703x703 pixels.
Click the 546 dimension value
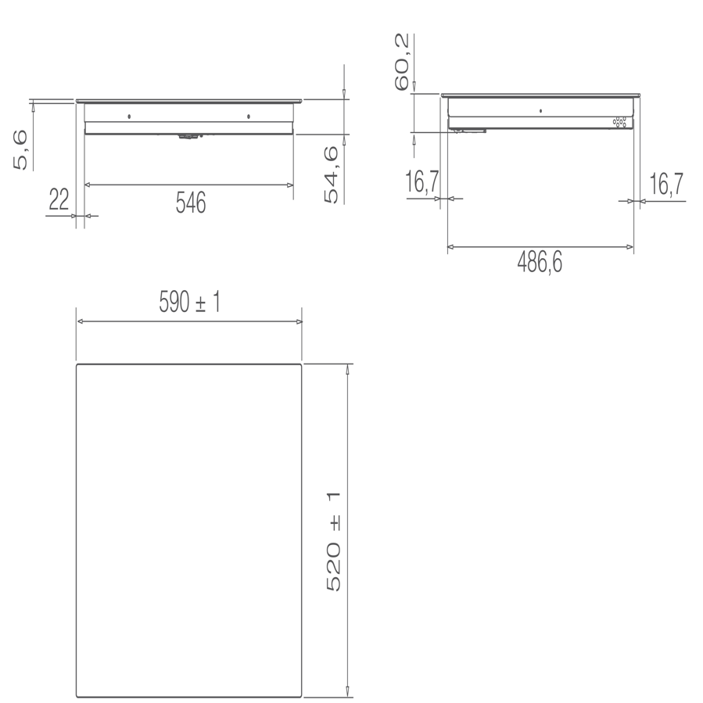tap(190, 203)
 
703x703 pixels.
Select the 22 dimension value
tap(59, 200)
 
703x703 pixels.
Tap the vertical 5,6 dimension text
tap(23, 149)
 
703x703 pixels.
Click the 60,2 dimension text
tap(402, 63)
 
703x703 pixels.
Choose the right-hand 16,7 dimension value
tap(666, 185)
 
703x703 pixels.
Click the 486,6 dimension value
tap(540, 264)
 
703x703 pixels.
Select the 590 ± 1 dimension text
tap(189, 303)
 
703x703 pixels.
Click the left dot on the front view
tap(129, 117)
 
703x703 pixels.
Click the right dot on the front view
tap(248, 117)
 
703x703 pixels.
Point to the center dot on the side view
tap(541, 111)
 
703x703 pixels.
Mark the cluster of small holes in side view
tap(620, 123)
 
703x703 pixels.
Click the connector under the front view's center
tap(188, 136)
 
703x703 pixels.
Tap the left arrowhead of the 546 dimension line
tap(87, 185)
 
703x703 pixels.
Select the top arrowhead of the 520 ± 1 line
tap(347, 368)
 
